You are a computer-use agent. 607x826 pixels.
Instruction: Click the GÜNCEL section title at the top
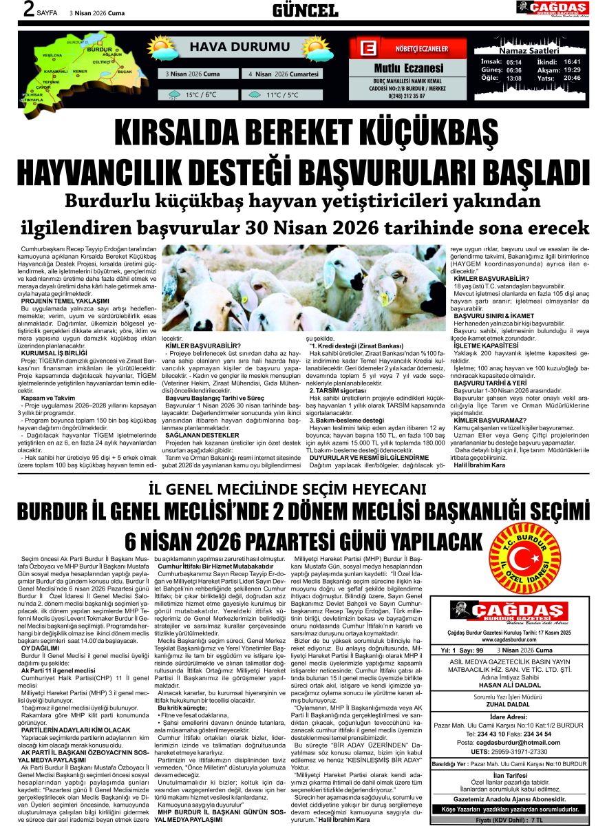[x=305, y=10]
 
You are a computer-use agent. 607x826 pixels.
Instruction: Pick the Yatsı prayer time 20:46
[x=572, y=78]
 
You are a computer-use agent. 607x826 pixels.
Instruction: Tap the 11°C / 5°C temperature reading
[x=282, y=95]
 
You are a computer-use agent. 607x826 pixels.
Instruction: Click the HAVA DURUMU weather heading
[x=230, y=47]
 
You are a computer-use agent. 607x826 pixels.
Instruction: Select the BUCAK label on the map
[x=125, y=71]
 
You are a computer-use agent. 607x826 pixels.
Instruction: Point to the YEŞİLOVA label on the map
[x=52, y=55]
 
